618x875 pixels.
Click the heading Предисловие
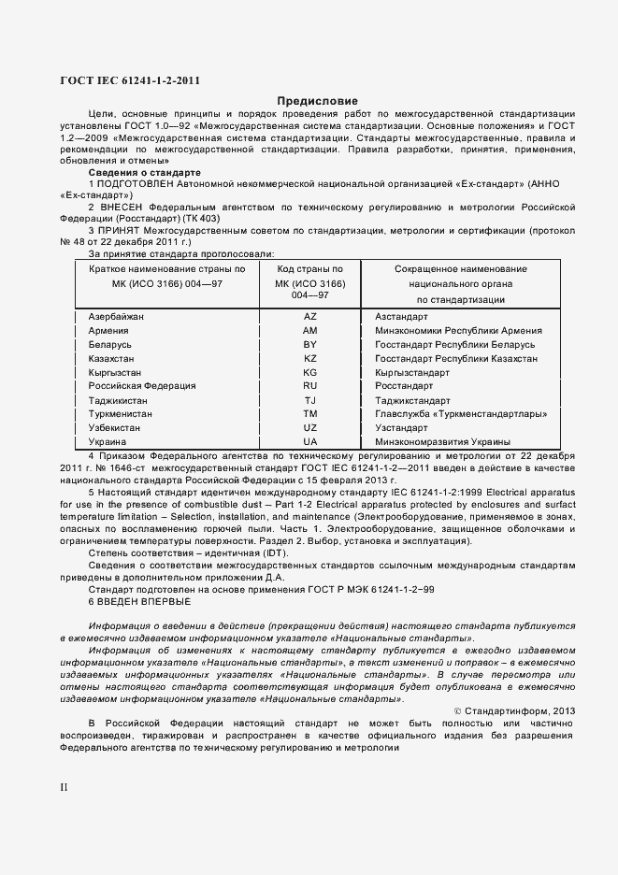317,101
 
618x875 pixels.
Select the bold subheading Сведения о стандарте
144,173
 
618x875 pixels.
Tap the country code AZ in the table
310,317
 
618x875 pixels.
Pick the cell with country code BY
310,345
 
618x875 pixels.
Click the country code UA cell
310,441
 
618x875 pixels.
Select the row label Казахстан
110,358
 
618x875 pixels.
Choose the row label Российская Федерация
141,386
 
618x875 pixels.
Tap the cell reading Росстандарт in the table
404,386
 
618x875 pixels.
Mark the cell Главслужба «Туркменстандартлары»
461,413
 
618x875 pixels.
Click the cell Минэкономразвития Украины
442,441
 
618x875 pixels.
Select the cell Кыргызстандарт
412,372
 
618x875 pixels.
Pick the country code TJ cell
310,400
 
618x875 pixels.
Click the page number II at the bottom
65,787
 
